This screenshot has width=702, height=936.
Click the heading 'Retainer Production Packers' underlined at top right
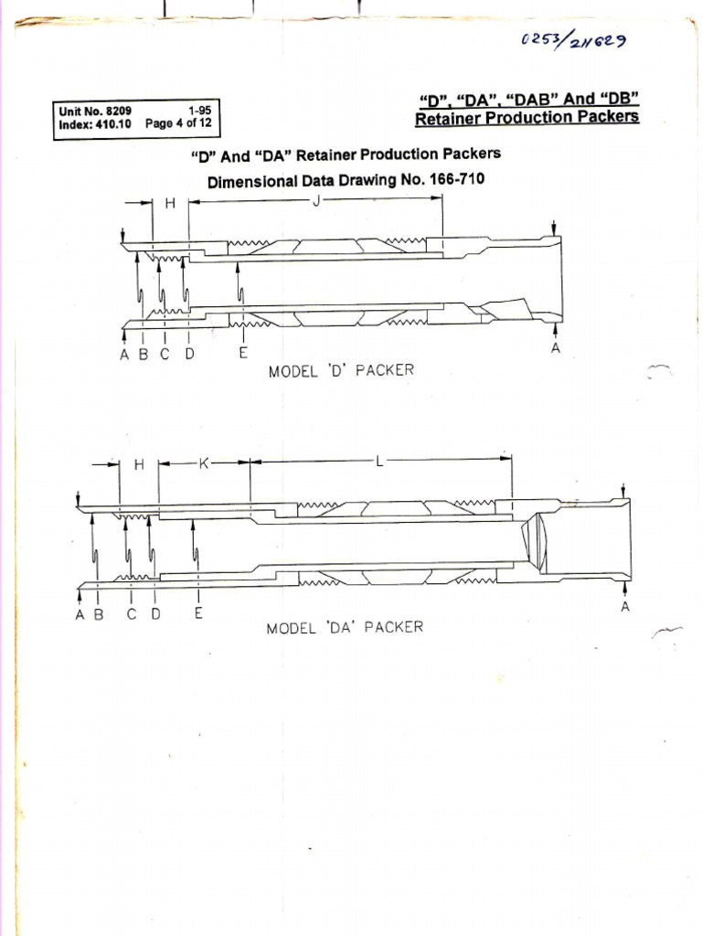click(x=526, y=118)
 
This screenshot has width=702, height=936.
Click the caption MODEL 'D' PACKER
click(x=341, y=370)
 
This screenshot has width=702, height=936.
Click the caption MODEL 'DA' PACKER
click(x=345, y=628)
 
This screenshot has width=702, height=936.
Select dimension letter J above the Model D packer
click(x=315, y=201)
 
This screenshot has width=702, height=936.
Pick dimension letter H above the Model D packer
click(x=170, y=203)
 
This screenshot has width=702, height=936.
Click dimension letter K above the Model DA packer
click(x=205, y=463)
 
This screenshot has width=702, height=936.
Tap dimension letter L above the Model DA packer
click(x=378, y=463)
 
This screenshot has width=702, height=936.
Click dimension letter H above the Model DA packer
click(x=139, y=464)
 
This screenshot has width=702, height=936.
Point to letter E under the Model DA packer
click(x=198, y=614)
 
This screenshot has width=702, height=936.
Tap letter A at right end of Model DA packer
click(x=625, y=607)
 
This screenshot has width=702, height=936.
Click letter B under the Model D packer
click(x=144, y=355)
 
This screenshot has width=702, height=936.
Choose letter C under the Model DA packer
click(x=132, y=614)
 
